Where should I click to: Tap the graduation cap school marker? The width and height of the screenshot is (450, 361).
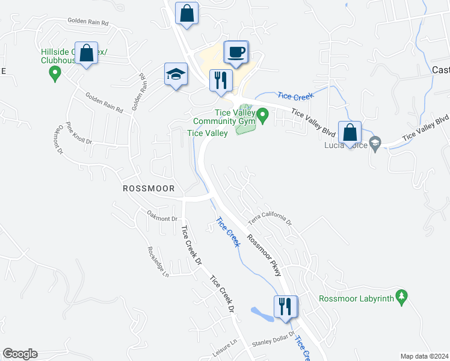pyautogui.click(x=176, y=75)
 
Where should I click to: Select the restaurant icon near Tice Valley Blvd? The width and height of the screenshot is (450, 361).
pyautogui.click(x=220, y=80)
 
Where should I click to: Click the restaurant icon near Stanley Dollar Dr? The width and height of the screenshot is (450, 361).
pyautogui.click(x=285, y=306)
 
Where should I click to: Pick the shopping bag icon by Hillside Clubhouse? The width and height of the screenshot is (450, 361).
pyautogui.click(x=87, y=54)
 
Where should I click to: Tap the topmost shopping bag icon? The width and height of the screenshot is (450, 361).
pyautogui.click(x=187, y=13)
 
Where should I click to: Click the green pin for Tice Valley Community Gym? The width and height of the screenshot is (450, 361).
pyautogui.click(x=263, y=114)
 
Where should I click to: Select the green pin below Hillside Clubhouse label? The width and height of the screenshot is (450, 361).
pyautogui.click(x=55, y=75)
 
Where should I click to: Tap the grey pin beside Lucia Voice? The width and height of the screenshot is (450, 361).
pyautogui.click(x=375, y=143)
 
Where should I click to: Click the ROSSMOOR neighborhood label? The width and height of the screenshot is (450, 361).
pyautogui.click(x=149, y=188)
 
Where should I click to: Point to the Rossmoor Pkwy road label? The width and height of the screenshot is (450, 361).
pyautogui.click(x=264, y=255)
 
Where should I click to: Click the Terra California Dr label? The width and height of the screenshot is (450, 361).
pyautogui.click(x=270, y=219)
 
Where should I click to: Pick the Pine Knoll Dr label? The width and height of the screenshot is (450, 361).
pyautogui.click(x=78, y=134)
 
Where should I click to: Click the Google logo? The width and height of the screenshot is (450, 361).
pyautogui.click(x=20, y=354)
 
